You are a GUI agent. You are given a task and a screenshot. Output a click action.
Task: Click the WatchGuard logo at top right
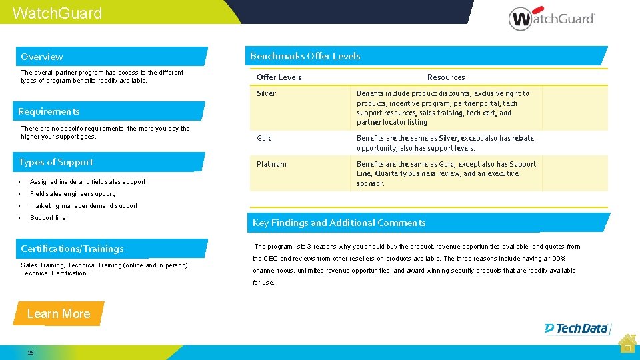coord(551,18)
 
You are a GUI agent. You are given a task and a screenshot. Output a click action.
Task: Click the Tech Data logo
coord(577,328)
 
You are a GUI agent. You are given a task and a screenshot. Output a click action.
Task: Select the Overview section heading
coord(42,57)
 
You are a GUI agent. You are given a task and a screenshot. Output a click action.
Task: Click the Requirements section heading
coord(49,111)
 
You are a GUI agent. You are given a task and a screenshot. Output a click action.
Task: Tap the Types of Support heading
coord(56,162)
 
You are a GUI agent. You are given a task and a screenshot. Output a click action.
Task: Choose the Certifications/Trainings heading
coord(72,249)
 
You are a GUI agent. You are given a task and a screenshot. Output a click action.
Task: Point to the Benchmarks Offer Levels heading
coord(305,56)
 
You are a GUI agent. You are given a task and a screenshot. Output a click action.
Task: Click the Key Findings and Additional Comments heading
coord(339,223)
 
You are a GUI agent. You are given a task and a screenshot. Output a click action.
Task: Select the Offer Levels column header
coord(279,77)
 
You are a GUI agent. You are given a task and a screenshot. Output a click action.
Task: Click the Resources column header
coord(446,77)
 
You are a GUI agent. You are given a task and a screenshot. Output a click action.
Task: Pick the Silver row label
coord(266,93)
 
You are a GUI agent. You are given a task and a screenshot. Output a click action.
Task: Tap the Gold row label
coord(264,138)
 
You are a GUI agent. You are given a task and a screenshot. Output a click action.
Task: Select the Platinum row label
coord(271,164)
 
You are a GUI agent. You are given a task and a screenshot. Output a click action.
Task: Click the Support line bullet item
coord(48,218)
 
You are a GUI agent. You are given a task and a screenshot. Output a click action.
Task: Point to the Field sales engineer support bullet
coord(73,194)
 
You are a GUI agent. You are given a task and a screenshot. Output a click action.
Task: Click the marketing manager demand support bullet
coord(83,206)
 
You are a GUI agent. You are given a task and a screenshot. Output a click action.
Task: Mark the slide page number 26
coord(31,353)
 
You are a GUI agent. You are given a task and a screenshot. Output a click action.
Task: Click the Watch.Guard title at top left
coord(57,13)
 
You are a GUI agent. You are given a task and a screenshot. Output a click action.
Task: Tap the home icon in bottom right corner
coord(626,344)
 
